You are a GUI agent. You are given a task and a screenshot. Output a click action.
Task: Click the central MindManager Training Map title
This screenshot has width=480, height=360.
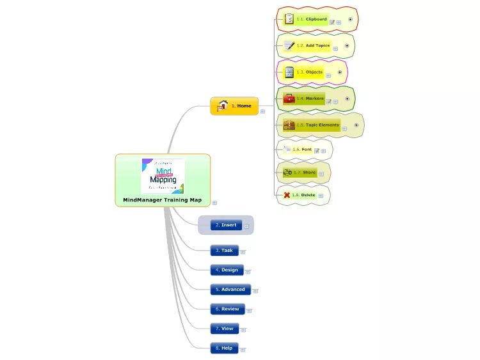tap(162, 200)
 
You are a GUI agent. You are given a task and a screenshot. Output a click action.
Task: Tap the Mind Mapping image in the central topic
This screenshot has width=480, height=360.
tap(163, 176)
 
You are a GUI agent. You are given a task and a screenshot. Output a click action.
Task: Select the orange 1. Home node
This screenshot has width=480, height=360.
tap(234, 106)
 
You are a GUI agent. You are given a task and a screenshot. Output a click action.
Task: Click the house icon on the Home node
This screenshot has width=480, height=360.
tap(223, 106)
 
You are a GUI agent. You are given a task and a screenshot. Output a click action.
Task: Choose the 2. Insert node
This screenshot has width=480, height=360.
tap(226, 225)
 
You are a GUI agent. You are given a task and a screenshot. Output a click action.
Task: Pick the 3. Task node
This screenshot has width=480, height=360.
tap(224, 250)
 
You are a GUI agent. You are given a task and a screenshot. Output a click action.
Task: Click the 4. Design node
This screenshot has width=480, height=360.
tap(227, 270)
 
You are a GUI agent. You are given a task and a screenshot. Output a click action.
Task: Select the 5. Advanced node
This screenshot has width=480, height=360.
tap(230, 290)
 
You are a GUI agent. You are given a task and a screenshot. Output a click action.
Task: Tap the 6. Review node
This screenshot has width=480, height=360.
tap(227, 309)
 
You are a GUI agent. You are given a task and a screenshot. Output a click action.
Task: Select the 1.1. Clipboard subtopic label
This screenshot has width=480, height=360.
tap(312, 19)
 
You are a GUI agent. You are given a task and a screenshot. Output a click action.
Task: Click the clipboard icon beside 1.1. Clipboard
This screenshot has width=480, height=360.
tap(289, 19)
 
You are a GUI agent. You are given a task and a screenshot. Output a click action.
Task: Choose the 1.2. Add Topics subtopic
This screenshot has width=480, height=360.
tap(313, 45)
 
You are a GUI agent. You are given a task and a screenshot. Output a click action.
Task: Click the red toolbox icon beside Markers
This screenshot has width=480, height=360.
tap(289, 98)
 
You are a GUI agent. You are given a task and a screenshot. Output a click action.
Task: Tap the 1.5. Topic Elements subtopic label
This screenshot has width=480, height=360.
tap(317, 125)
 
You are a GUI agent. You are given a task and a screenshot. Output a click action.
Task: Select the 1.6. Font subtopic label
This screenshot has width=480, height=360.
tap(302, 150)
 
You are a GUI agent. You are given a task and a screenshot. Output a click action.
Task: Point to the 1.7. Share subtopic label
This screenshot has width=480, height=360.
tap(305, 172)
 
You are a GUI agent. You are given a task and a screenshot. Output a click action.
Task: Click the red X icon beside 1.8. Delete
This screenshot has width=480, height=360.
tap(286, 194)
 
